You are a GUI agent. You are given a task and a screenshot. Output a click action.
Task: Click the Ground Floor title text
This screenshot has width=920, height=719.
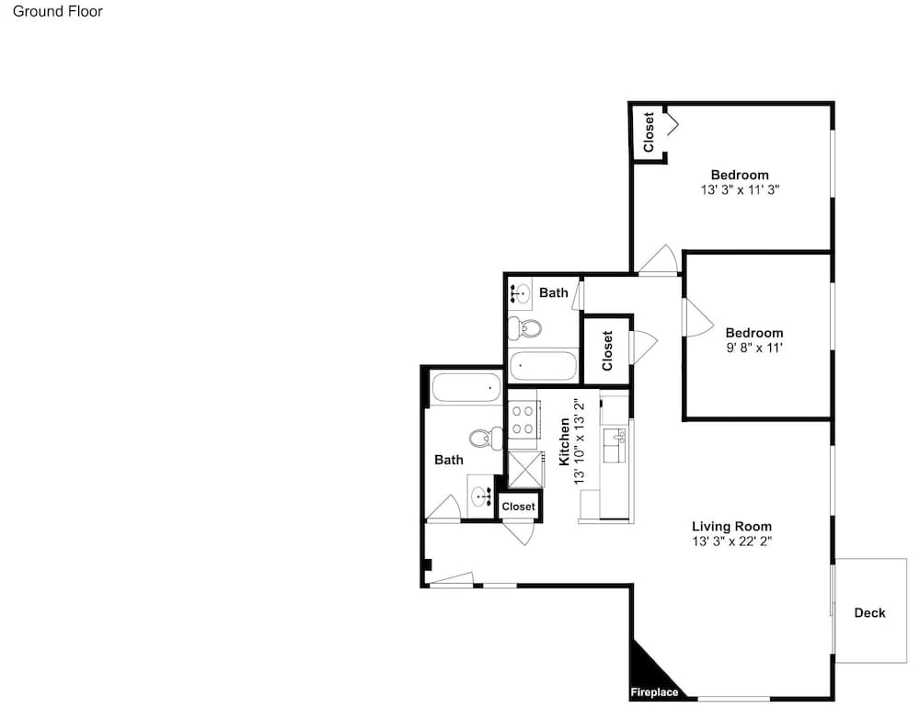(x=57, y=12)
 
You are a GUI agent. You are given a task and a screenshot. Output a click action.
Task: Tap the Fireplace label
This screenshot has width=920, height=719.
(x=654, y=692)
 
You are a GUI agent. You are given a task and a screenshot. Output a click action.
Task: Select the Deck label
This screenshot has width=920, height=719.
(x=869, y=613)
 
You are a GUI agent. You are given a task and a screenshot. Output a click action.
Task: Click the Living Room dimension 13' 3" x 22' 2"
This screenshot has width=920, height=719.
(x=731, y=542)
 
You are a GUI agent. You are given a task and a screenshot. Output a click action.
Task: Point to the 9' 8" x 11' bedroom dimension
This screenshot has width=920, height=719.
(x=754, y=348)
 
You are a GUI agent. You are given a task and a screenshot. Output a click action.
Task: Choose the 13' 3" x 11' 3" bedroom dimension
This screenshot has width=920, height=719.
(x=740, y=190)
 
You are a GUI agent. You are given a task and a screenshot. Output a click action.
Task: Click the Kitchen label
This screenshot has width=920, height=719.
(x=565, y=441)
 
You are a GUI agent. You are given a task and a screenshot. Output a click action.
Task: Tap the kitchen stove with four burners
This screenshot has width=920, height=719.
(x=523, y=420)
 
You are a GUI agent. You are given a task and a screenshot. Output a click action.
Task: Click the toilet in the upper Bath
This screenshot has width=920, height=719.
(x=524, y=329)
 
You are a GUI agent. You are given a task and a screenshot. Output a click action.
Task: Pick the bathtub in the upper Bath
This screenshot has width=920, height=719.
(x=543, y=366)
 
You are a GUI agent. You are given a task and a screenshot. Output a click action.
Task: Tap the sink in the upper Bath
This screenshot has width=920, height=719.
(x=520, y=292)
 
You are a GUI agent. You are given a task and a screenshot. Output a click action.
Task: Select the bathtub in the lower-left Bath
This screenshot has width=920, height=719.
(x=466, y=388)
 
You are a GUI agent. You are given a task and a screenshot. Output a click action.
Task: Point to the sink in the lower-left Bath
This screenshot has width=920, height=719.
(x=482, y=496)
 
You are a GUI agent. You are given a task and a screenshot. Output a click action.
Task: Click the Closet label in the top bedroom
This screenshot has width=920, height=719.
(x=649, y=132)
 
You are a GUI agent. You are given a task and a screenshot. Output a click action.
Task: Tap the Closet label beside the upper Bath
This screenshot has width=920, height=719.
(x=606, y=350)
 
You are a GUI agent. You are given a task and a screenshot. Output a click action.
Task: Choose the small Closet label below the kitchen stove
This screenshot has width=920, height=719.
(x=519, y=507)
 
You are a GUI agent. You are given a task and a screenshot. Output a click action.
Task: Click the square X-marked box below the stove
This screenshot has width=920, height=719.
(x=525, y=469)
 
